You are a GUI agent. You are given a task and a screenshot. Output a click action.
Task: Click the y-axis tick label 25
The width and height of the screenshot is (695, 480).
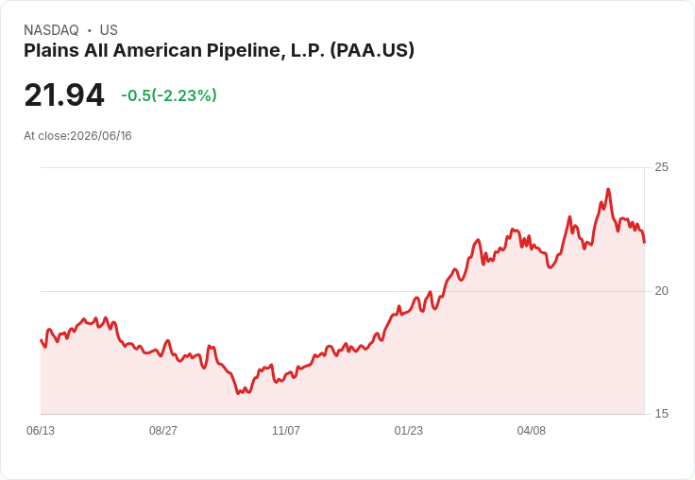point(661,167)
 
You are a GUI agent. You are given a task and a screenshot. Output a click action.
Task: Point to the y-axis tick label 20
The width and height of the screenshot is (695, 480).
point(661,291)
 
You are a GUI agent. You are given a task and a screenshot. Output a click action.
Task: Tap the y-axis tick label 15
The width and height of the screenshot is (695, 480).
point(661,414)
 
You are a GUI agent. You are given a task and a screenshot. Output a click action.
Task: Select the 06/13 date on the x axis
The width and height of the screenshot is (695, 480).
point(41,430)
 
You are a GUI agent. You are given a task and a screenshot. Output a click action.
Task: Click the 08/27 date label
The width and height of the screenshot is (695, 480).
point(163,430)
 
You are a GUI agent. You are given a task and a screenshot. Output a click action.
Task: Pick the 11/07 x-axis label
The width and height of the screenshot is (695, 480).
point(286,430)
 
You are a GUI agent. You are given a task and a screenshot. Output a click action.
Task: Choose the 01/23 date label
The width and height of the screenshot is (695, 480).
point(409,430)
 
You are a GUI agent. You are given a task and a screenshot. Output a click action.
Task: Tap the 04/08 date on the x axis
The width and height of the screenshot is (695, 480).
point(532,430)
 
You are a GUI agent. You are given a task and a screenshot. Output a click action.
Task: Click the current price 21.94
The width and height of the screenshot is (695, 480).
point(64,94)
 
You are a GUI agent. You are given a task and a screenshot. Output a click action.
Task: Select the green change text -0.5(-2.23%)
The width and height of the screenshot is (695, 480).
point(169,95)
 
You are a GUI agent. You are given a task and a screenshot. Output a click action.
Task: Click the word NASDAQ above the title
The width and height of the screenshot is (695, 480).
point(51,30)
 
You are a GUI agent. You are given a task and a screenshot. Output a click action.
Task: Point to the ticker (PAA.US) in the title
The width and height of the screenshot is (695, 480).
point(372,50)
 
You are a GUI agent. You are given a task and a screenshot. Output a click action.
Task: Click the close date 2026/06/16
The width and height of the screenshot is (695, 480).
point(101,136)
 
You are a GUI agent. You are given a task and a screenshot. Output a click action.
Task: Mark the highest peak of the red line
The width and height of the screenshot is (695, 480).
point(608,189)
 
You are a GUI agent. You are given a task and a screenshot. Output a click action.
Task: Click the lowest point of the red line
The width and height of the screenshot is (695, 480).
point(238,393)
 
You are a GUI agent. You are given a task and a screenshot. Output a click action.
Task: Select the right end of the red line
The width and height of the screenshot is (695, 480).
point(644,242)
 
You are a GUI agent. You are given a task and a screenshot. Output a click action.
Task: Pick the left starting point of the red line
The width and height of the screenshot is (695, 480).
point(41,340)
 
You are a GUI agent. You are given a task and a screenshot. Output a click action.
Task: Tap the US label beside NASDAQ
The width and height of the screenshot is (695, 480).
point(109,30)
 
